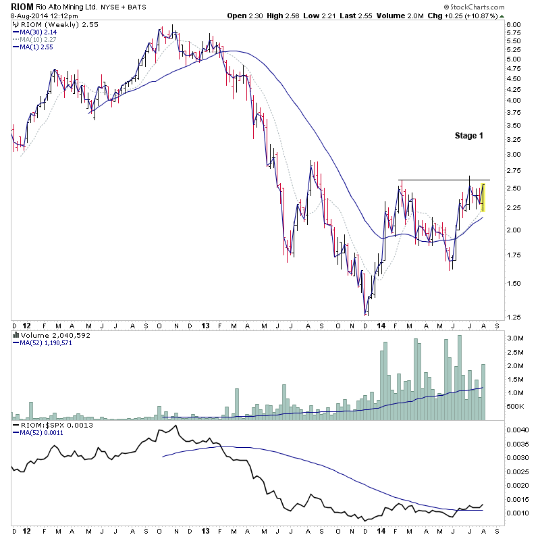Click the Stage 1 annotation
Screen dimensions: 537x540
tap(469, 136)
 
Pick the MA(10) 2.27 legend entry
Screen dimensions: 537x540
tap(39, 39)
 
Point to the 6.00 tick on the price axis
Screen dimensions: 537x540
tap(514, 25)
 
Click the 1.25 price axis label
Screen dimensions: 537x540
tap(514, 317)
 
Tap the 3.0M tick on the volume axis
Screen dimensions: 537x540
tap(514, 338)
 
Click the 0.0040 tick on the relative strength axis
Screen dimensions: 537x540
tap(516, 430)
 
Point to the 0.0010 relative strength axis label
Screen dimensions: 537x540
tap(516, 513)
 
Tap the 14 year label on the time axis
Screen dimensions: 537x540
tap(383, 325)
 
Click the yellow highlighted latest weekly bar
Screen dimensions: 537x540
tap(483, 192)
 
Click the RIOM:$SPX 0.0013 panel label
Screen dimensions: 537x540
tap(47, 425)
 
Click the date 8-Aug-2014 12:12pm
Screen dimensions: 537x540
tap(42, 16)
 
